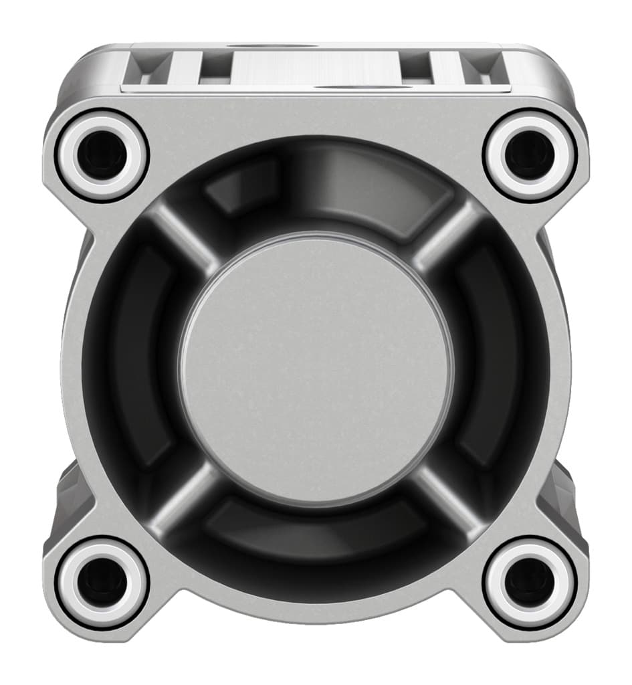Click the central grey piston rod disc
pyautogui.click(x=316, y=369)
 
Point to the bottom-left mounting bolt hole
pyautogui.click(x=102, y=581)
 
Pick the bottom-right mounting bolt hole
pyautogui.click(x=530, y=581)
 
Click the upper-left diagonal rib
pyautogui.click(x=182, y=234)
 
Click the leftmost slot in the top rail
pyautogui.click(x=149, y=67)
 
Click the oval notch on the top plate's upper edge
pyautogui.click(x=271, y=45)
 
